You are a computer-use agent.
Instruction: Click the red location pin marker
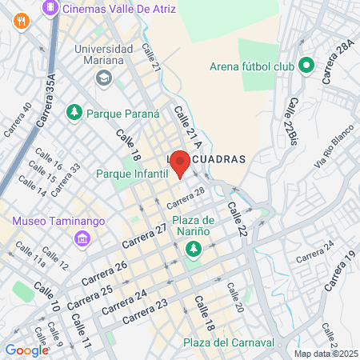180,162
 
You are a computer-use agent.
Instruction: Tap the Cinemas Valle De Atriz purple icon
50,6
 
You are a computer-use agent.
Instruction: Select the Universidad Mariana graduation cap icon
103,78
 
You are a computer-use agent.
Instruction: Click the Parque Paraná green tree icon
75,113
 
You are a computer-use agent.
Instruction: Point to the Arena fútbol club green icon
306,66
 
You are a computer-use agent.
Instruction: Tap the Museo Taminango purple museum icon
81,238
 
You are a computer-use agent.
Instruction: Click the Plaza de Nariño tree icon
193,250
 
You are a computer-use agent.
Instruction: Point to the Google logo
26,350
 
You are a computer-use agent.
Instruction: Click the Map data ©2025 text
324,354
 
